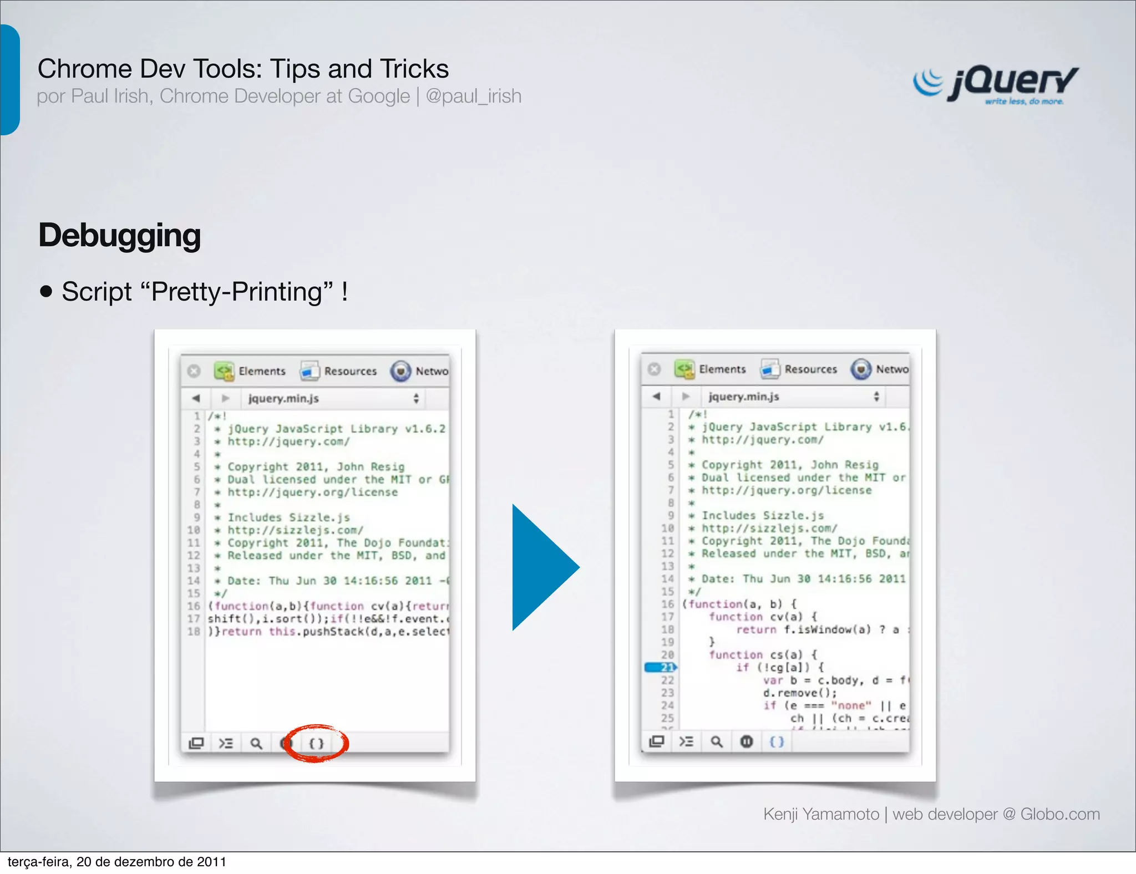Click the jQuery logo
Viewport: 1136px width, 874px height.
tap(995, 84)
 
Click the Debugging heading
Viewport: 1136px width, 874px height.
tap(119, 235)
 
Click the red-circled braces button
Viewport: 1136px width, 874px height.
tap(316, 743)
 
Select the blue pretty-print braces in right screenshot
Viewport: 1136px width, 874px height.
tap(777, 741)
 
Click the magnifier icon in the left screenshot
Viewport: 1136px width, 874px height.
tap(256, 743)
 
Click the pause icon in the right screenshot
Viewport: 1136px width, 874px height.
tap(747, 741)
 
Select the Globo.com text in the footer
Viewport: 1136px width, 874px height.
tap(1059, 814)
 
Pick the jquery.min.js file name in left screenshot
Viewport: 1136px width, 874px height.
tap(283, 399)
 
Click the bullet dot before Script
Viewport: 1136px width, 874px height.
tap(46, 292)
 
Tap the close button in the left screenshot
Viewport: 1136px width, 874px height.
tap(194, 371)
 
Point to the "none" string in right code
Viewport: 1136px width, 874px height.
tap(851, 705)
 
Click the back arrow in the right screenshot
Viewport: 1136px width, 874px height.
tap(657, 397)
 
